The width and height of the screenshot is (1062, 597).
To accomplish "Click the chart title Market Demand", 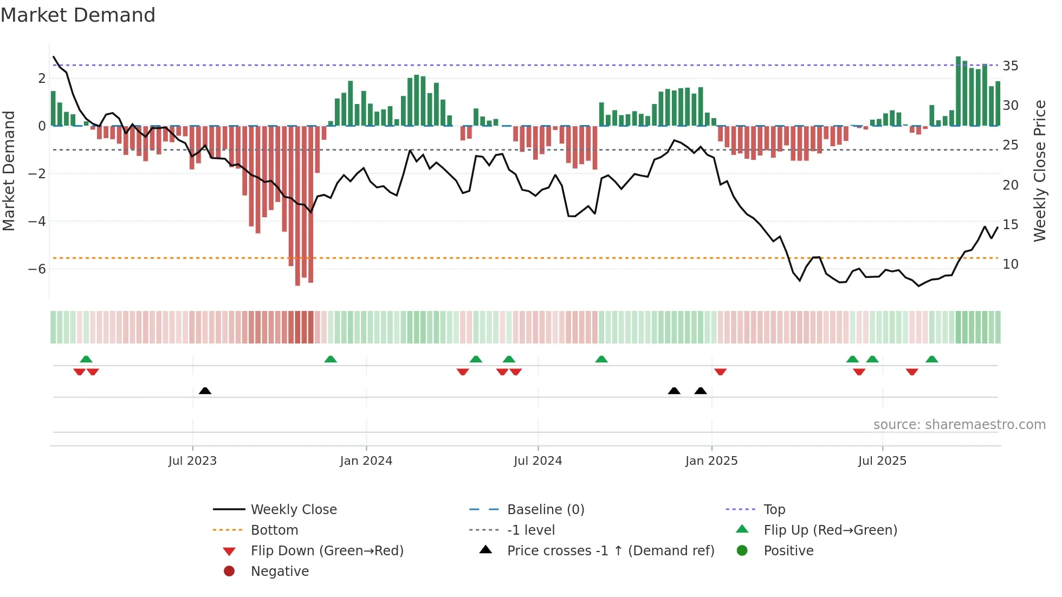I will click(78, 15).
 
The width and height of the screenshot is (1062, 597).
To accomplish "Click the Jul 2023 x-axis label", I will click(192, 461).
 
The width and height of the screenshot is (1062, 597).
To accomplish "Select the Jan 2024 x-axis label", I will click(366, 461).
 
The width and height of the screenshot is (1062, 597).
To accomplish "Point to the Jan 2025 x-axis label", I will click(711, 461).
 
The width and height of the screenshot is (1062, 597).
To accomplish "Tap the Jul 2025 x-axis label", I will click(882, 461).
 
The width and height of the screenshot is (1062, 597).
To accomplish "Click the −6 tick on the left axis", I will click(37, 269).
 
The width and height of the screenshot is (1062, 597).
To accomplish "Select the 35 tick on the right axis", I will click(1011, 66).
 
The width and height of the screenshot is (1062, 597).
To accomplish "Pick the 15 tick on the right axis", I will click(1011, 224).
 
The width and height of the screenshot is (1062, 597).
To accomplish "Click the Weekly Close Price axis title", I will click(1040, 171).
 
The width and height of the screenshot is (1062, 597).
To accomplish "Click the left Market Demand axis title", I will click(9, 171).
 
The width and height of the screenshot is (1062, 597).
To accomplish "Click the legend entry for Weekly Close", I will click(293, 510).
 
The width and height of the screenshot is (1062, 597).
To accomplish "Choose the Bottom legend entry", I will click(274, 530).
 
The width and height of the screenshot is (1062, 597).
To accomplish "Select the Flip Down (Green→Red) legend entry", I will click(327, 551).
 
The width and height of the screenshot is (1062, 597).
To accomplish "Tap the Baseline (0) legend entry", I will click(545, 510).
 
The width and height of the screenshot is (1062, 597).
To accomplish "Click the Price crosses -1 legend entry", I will click(610, 551).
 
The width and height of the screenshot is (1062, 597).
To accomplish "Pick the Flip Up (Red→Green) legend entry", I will click(830, 530).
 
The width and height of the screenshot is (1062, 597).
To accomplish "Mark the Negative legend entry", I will click(280, 572).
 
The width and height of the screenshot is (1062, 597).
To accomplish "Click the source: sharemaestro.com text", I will click(959, 425).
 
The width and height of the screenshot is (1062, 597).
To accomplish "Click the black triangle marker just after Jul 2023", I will click(205, 391).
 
